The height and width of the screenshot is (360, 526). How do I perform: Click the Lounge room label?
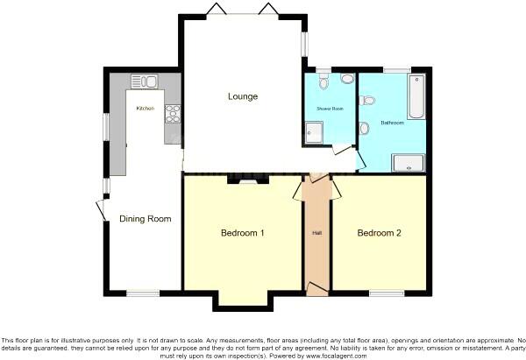(243, 96)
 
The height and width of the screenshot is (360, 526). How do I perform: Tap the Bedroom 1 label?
(243, 233)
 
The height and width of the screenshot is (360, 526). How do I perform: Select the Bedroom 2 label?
(380, 233)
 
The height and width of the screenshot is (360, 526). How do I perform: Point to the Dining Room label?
(146, 218)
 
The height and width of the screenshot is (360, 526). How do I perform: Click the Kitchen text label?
(145, 108)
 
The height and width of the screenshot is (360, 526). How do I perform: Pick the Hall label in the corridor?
(317, 233)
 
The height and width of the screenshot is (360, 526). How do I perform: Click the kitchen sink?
(145, 82)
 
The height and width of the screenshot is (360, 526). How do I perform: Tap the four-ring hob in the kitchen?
(172, 113)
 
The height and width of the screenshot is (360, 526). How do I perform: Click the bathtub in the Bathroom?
(417, 96)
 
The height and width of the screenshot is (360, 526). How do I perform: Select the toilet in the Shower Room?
(324, 81)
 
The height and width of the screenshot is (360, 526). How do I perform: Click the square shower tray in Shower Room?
(314, 132)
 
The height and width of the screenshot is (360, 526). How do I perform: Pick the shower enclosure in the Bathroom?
(409, 160)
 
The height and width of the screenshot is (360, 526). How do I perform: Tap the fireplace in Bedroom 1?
(243, 180)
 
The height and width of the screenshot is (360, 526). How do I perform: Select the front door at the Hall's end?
(317, 289)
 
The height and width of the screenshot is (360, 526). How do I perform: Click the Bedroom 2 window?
(380, 293)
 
